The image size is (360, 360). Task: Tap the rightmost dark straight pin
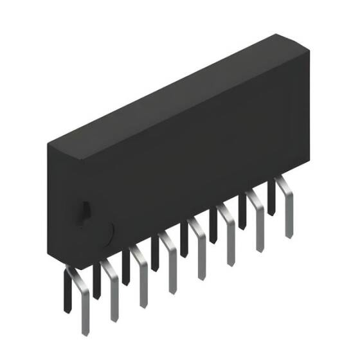pos(271,196)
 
